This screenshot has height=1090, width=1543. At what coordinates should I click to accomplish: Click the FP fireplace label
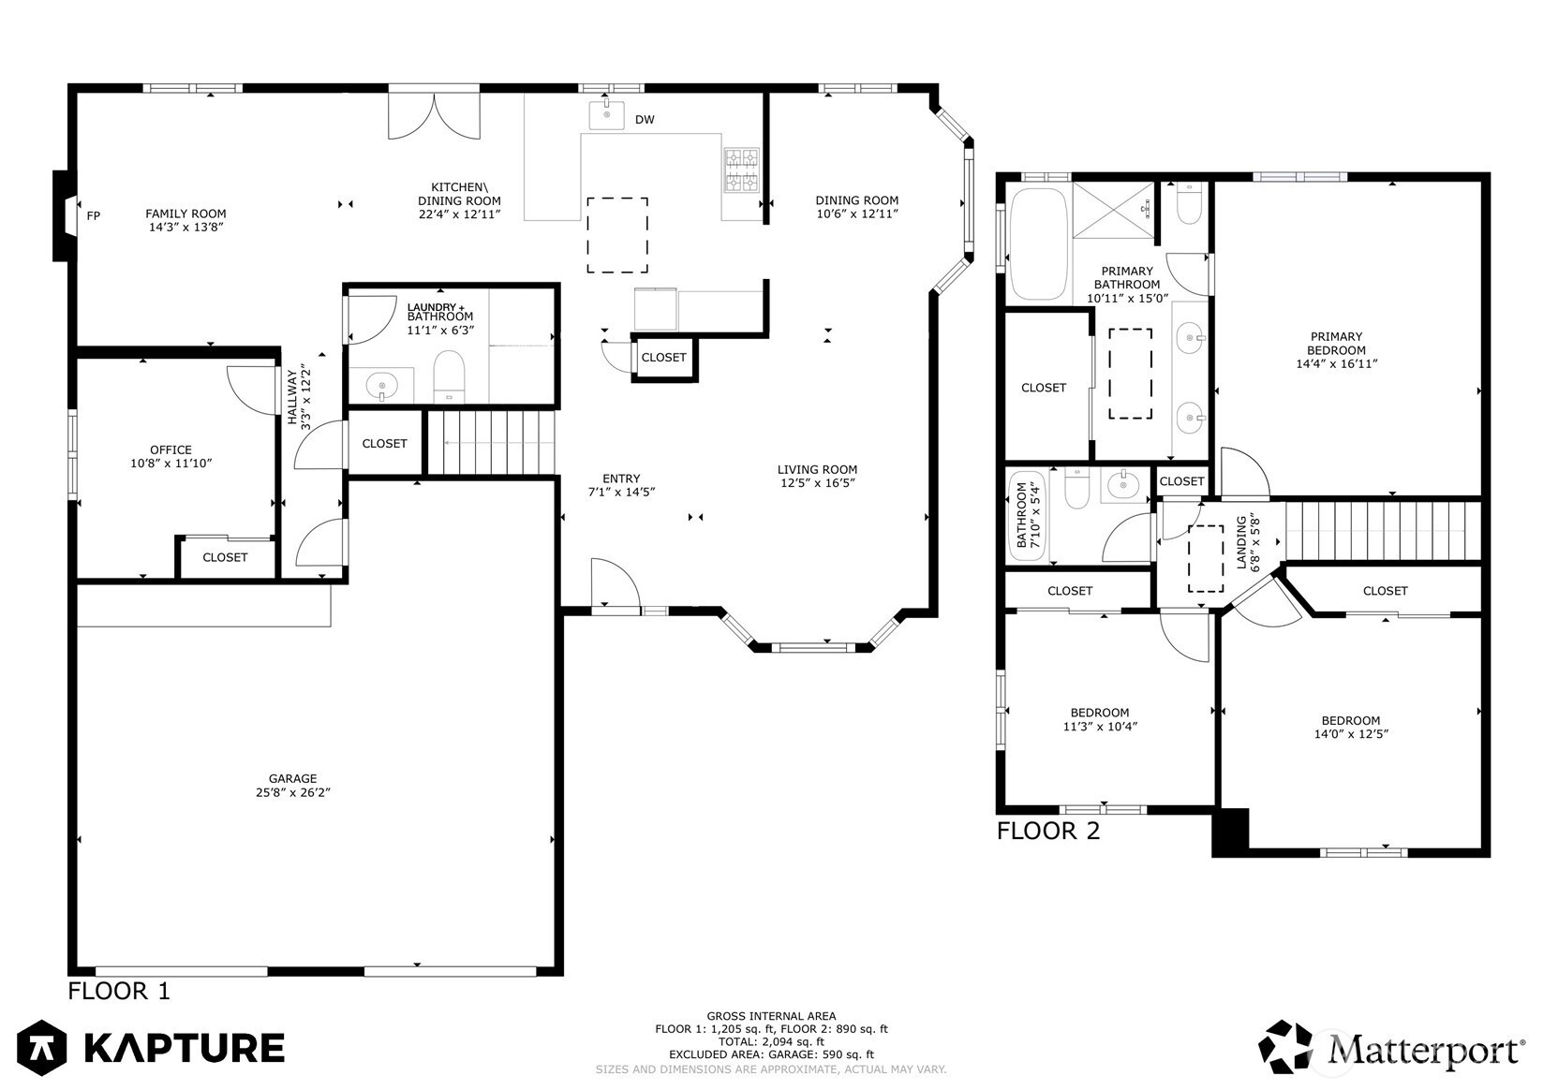(94, 215)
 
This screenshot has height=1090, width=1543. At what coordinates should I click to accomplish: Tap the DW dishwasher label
(645, 120)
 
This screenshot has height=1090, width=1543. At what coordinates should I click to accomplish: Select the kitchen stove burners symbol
(742, 169)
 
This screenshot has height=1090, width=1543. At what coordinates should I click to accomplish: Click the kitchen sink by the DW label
(607, 115)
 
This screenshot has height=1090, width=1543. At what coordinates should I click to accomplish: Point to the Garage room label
(292, 779)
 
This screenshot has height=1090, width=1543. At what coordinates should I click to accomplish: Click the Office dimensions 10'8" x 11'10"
(171, 464)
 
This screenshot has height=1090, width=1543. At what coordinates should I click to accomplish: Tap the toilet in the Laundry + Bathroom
(449, 376)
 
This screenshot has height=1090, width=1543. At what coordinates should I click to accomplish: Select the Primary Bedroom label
(1336, 343)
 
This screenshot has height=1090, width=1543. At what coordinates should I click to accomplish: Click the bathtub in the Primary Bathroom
(1039, 243)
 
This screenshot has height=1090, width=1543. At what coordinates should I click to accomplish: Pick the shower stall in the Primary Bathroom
(1113, 210)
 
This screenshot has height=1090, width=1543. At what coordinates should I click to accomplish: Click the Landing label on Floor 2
(1241, 542)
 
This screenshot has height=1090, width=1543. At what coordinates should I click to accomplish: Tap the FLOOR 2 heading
(1048, 832)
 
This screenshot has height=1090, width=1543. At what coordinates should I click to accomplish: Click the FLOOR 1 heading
(118, 991)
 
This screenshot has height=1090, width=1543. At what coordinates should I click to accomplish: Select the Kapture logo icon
(42, 1047)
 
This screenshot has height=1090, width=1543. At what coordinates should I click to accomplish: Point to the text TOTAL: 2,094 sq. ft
(771, 1042)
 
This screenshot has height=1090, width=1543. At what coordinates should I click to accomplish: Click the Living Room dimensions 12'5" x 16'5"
(818, 482)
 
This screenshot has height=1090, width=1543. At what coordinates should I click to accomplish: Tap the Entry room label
(621, 479)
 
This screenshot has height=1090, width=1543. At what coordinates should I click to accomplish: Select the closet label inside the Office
(225, 557)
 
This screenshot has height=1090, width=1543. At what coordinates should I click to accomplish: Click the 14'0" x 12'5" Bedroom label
(1351, 734)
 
